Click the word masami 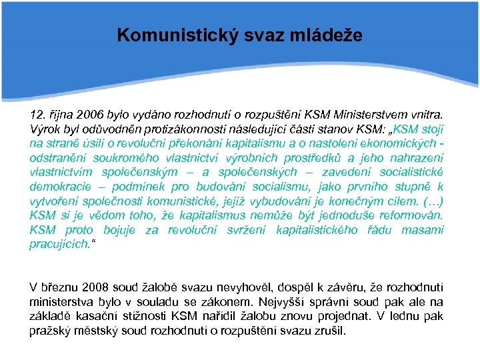pyautogui.click(x=425, y=230)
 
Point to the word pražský pyautogui.click(x=50, y=331)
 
